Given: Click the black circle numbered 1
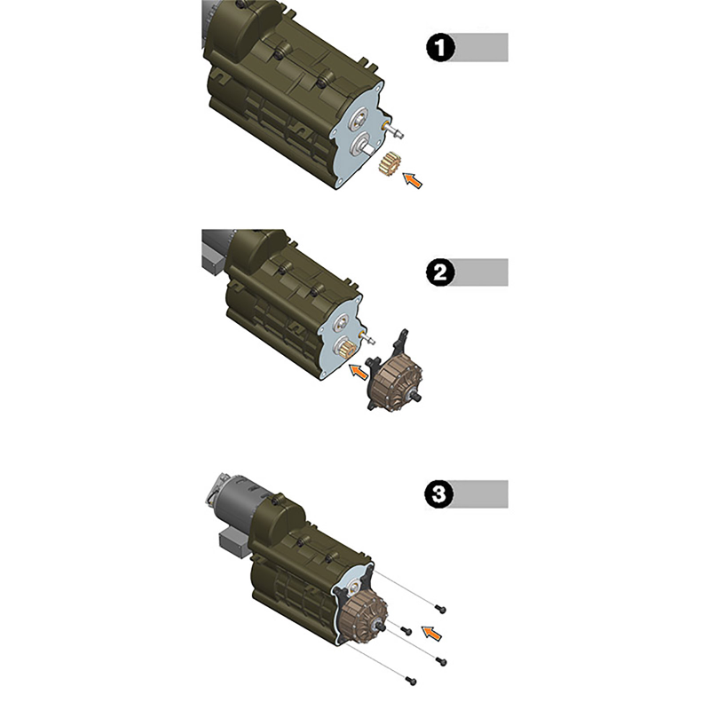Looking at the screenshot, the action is click(440, 48).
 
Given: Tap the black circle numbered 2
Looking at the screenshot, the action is click(440, 272).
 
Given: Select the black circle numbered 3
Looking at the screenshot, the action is click(439, 494).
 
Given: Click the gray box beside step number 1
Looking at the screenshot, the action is click(480, 47).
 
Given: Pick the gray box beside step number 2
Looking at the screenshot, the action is click(480, 272).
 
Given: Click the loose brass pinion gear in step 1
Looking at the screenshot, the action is click(388, 164).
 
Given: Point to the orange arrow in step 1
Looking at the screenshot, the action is click(413, 180).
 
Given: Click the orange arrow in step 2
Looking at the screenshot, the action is click(359, 371).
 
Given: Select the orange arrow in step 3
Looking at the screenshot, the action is click(431, 633).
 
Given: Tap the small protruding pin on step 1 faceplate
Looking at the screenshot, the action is click(393, 130).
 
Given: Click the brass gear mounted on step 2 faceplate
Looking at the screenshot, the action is click(344, 350).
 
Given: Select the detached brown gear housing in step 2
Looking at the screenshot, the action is click(394, 371).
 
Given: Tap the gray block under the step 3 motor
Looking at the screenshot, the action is click(233, 542).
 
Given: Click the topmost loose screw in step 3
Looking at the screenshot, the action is click(440, 609).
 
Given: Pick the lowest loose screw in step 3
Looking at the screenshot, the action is click(411, 680).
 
